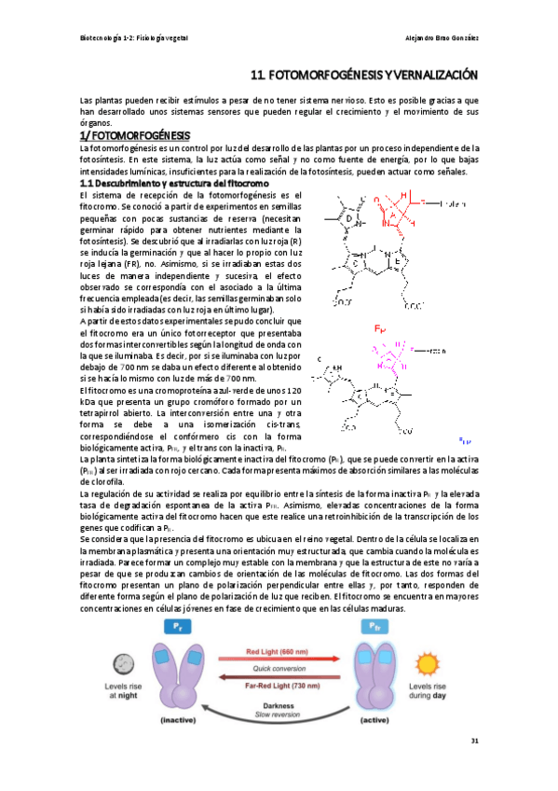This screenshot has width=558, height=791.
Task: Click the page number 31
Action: coord(474,742)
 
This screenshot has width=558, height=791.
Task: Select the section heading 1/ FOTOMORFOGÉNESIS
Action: coord(134,134)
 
